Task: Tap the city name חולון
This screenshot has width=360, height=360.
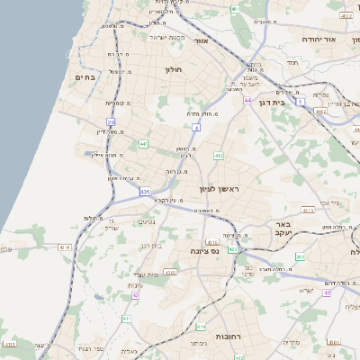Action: tap(173, 69)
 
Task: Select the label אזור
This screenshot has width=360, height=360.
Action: tap(200, 41)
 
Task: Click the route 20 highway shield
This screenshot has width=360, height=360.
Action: tap(111, 121)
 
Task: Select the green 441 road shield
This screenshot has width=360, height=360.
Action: tap(143, 143)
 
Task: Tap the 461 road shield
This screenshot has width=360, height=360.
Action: tap(235, 9)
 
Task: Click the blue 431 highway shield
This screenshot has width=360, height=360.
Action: tap(145, 192)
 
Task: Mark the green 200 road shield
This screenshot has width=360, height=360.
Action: tap(299, 257)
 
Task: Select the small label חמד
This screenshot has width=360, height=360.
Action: tap(292, 62)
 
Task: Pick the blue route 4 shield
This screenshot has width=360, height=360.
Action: tap(196, 128)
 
